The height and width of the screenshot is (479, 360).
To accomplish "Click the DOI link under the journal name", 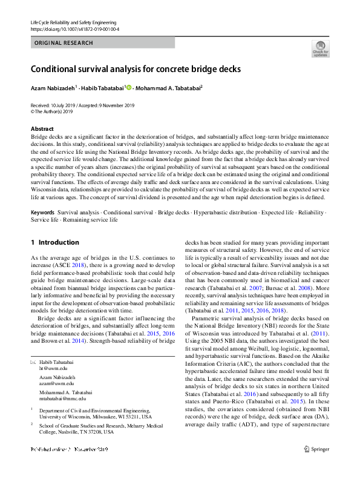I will tap(74, 28).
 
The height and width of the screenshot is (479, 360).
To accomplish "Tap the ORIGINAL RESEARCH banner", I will tap(64, 43).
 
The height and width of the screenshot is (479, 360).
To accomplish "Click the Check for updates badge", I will tap(320, 48).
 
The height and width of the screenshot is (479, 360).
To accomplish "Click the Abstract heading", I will tap(42, 129).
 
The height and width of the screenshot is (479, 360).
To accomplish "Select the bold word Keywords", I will tap(43, 213).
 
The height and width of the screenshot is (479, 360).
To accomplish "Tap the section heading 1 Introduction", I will tap(54, 242).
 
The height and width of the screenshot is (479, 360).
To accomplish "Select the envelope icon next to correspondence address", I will tap(33, 362).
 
